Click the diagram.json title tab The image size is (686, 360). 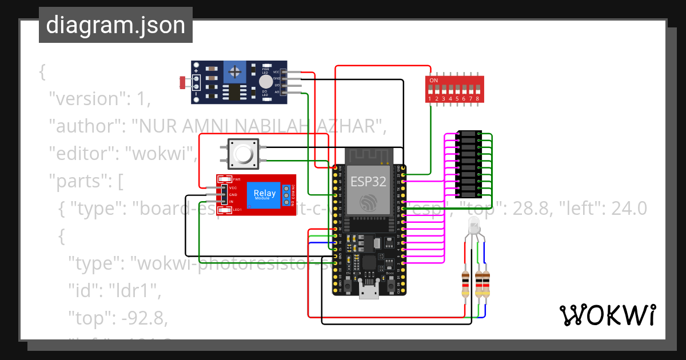coord(115,26)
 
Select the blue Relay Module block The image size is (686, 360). coord(264,195)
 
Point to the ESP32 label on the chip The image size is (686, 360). coord(368,182)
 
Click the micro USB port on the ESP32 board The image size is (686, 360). coord(369,291)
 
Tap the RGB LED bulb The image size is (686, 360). coord(474,226)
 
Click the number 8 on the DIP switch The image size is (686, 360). coord(477,99)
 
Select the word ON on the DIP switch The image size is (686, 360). coord(434,81)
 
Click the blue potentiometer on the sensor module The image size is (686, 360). coord(234,72)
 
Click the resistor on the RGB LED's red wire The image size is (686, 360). coord(466,284)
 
